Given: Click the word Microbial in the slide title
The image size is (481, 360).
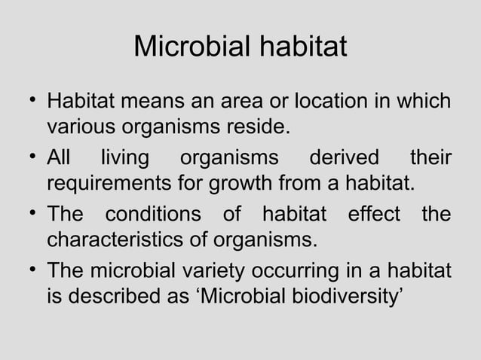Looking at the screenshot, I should (191, 47).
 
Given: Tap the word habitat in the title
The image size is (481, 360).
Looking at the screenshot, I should (302, 47).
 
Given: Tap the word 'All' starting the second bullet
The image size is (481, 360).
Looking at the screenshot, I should (58, 159).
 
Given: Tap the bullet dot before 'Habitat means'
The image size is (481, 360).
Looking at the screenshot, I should (32, 102).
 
